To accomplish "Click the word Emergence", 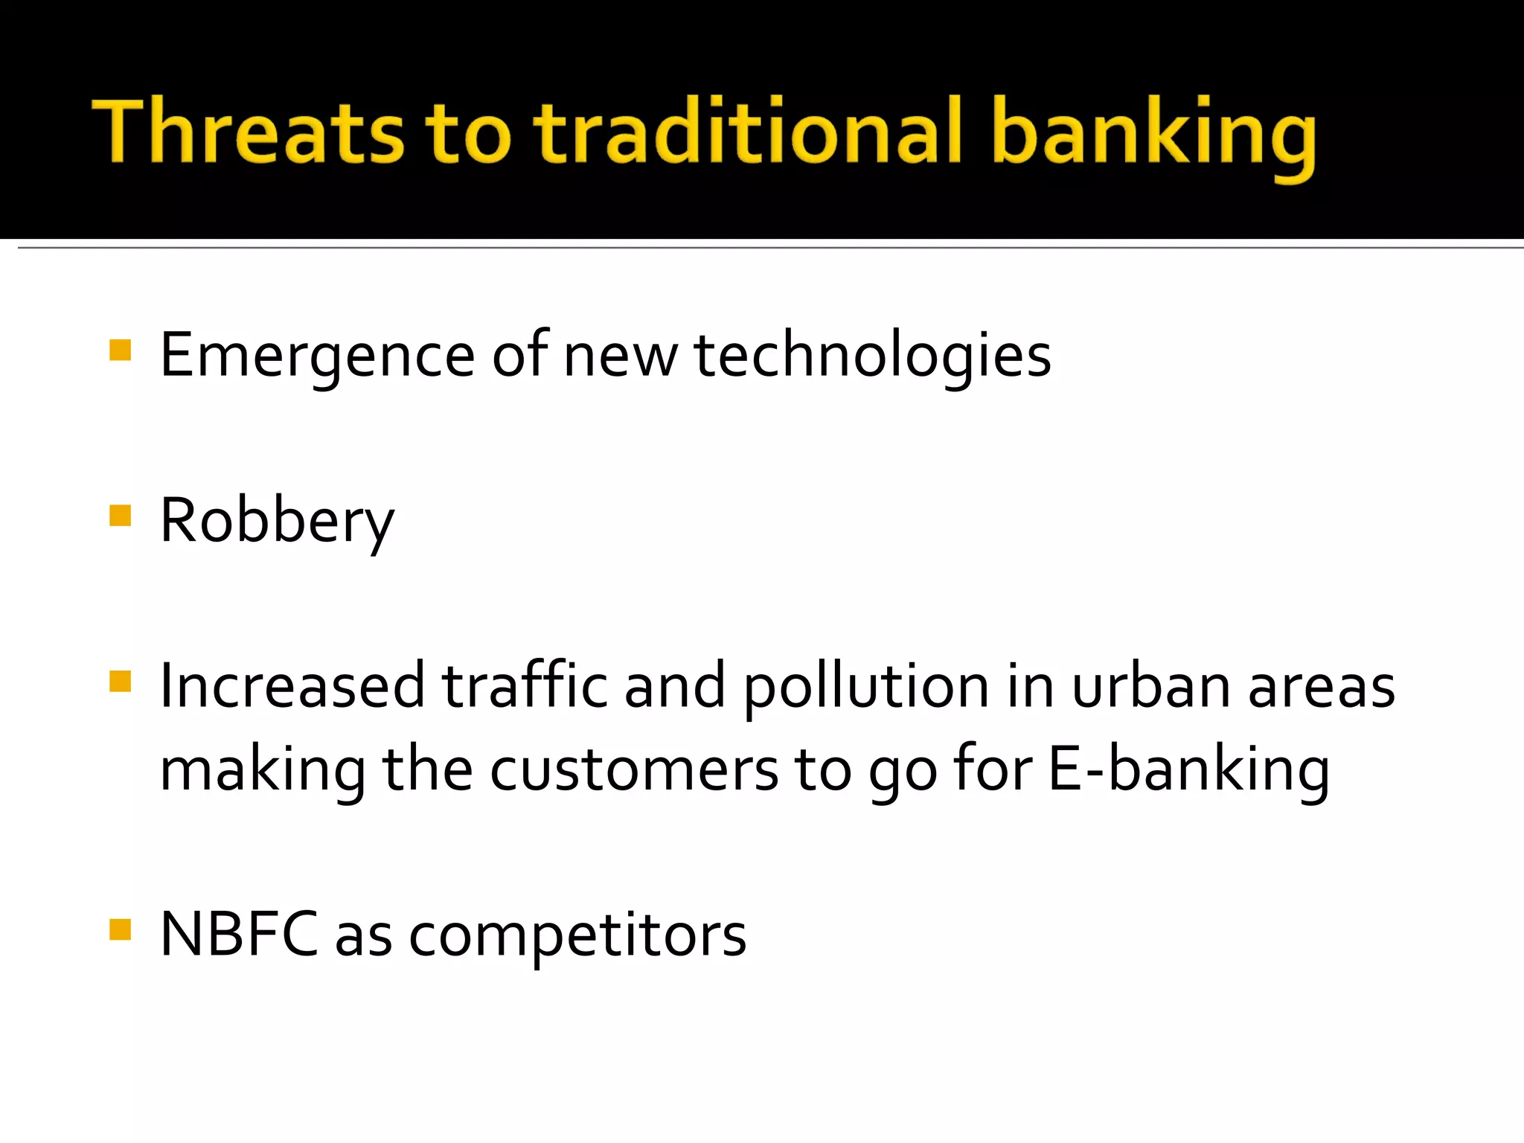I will click(317, 356).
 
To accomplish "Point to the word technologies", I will click(872, 356).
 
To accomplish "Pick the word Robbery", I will click(277, 521).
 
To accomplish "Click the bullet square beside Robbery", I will click(120, 515).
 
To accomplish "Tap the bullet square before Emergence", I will click(120, 350).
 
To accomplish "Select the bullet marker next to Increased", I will click(120, 681).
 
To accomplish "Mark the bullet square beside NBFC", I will click(120, 929).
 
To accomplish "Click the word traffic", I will click(525, 685).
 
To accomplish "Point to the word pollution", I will click(866, 687).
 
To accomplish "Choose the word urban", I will click(1150, 685).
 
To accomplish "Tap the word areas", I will click(1321, 687).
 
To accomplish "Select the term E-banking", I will click(1188, 771).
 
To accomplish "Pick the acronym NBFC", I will click(239, 935).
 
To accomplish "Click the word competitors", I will click(577, 936).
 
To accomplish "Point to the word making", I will click(263, 771).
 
